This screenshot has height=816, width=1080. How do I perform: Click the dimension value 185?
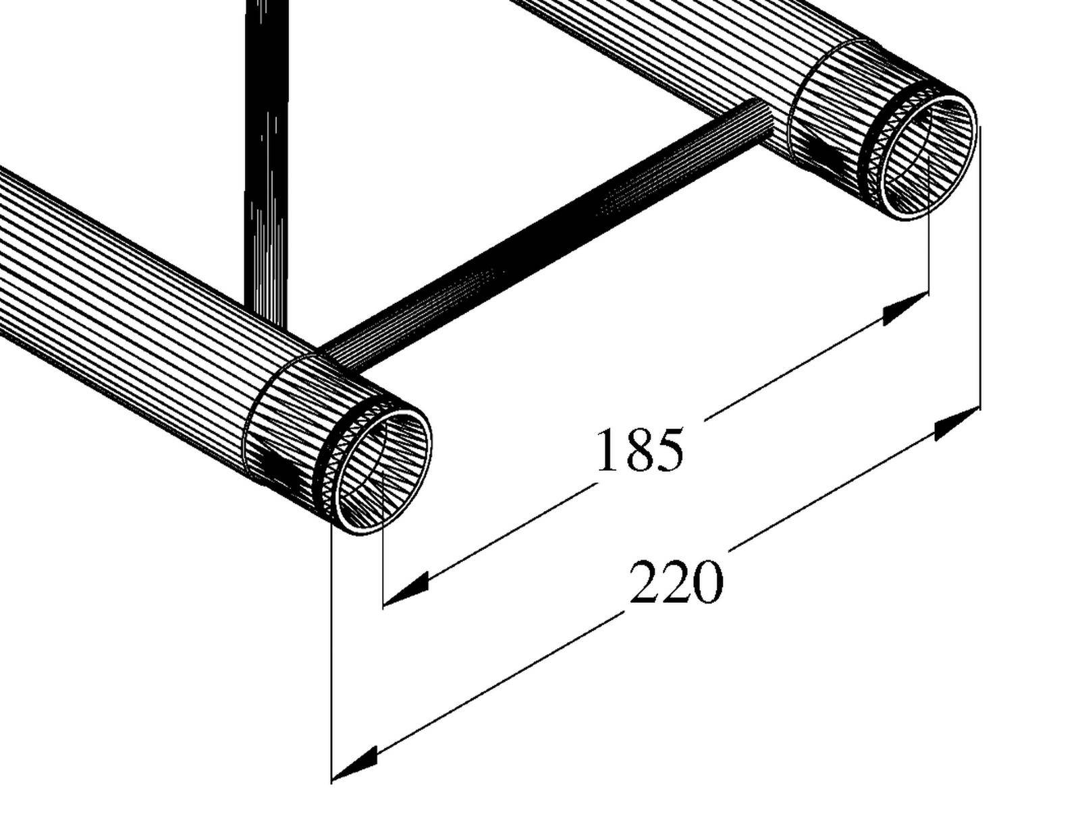click(640, 450)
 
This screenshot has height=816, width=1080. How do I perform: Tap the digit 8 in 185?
click(640, 450)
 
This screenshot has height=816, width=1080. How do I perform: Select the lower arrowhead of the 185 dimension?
click(406, 590)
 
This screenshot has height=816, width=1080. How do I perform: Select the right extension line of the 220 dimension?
click(979, 270)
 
